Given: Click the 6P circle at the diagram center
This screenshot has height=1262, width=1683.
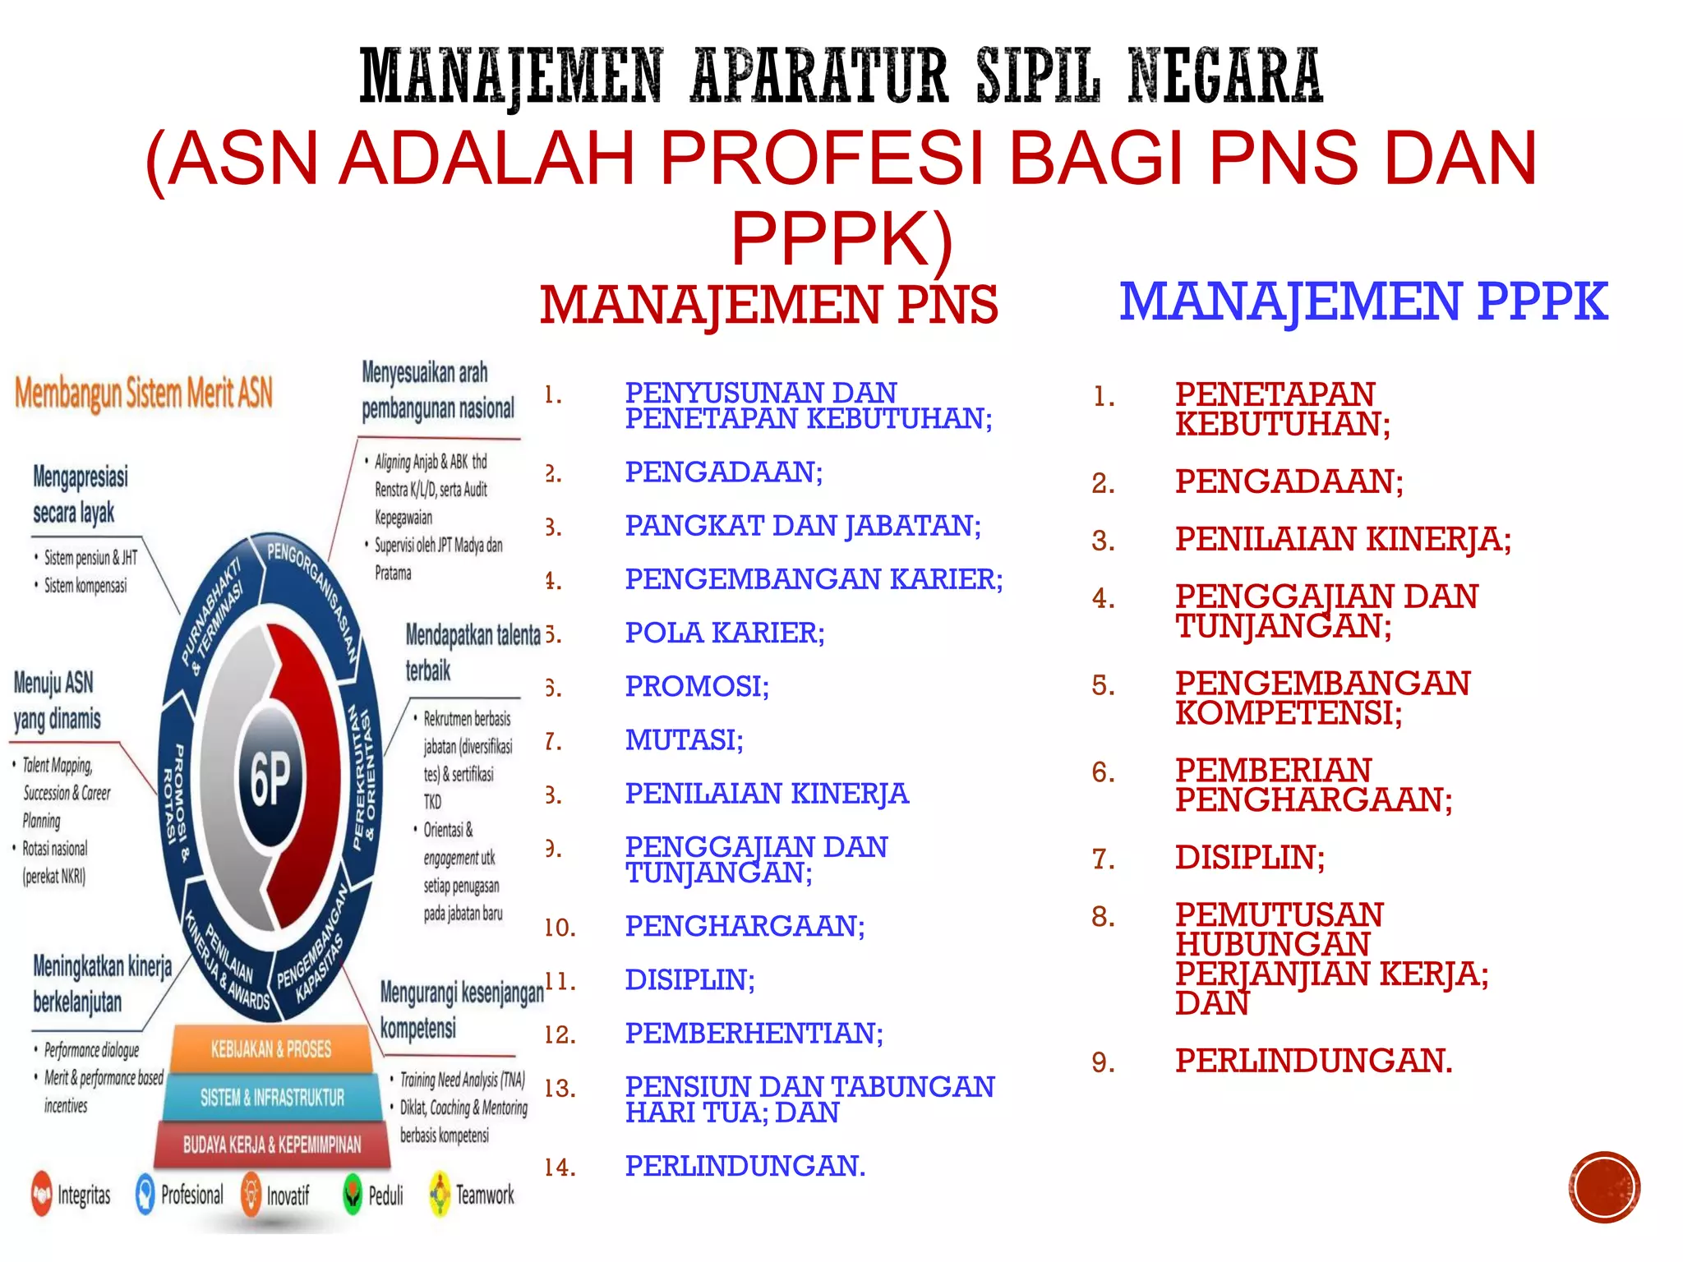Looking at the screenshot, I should pyautogui.click(x=270, y=777).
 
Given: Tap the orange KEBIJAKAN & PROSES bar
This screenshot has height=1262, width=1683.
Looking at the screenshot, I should pyautogui.click(x=270, y=1049).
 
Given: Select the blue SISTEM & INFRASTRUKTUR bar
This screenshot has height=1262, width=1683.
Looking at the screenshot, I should pyautogui.click(x=272, y=1097).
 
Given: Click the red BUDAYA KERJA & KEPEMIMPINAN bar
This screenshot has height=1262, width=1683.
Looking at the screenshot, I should pyautogui.click(x=272, y=1145).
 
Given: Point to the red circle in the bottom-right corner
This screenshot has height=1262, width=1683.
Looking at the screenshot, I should pyautogui.click(x=1604, y=1187).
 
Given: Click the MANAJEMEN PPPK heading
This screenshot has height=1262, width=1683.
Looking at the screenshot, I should pyautogui.click(x=1363, y=302).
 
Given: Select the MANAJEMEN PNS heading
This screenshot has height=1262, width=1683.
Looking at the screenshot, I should pyautogui.click(x=768, y=305).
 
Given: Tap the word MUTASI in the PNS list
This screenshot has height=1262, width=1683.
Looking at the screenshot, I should pyautogui.click(x=684, y=740).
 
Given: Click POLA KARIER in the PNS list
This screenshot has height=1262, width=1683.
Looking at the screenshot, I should pyautogui.click(x=724, y=633).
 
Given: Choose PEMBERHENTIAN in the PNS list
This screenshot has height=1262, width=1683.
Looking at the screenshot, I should pyautogui.click(x=754, y=1033).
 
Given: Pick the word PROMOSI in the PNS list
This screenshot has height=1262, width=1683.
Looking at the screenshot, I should pyautogui.click(x=697, y=686).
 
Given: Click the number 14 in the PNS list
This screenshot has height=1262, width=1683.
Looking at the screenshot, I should pyautogui.click(x=560, y=1167).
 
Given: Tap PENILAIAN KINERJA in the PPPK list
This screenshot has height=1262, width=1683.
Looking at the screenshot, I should pyautogui.click(x=1343, y=540).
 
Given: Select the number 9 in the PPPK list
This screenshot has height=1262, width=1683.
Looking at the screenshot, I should pyautogui.click(x=1103, y=1062).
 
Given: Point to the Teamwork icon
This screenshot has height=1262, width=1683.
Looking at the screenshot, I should pyautogui.click(x=440, y=1194).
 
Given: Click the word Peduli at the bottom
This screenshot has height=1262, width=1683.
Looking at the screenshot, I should pyautogui.click(x=385, y=1195).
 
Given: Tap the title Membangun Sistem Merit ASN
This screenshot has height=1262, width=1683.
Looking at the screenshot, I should pyautogui.click(x=144, y=393).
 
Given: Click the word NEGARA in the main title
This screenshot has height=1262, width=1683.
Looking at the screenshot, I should pyautogui.click(x=1225, y=76).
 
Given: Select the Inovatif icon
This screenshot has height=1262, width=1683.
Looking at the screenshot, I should pyautogui.click(x=251, y=1194).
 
